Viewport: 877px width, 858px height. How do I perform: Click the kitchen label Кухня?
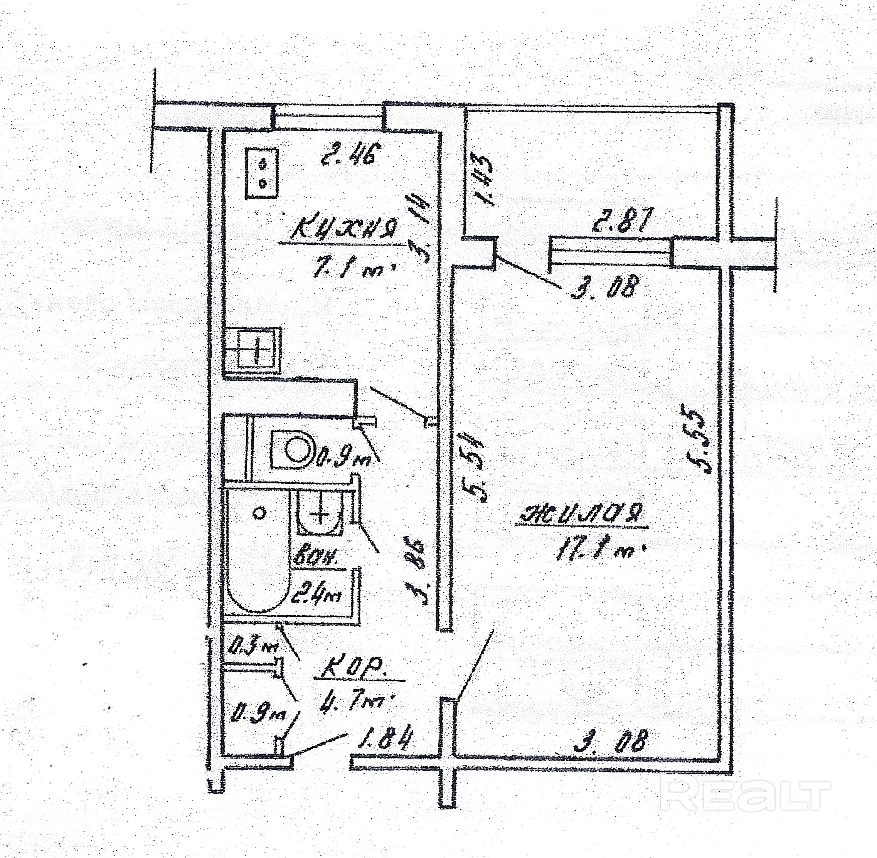click(x=345, y=229)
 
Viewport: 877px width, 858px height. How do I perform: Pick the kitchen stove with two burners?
click(x=261, y=173)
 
